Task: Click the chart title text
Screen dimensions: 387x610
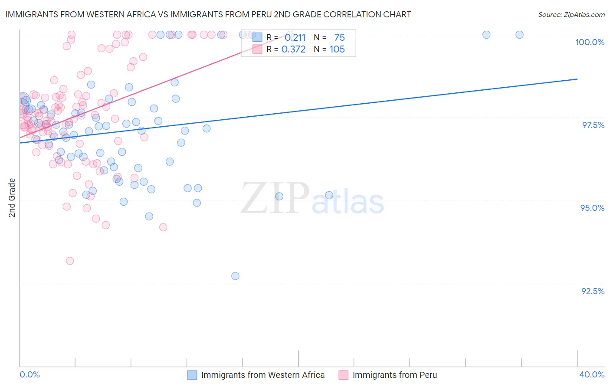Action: (x=208, y=14)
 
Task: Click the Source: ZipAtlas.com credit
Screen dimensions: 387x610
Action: (x=571, y=15)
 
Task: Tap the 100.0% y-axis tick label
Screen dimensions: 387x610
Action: (x=590, y=42)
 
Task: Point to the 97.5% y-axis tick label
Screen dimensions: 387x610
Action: (x=593, y=125)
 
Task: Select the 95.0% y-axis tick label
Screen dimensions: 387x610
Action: (x=592, y=208)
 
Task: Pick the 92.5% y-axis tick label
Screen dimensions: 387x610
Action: (x=593, y=291)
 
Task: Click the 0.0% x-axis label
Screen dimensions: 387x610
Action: (x=30, y=374)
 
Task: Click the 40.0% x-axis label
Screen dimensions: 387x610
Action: (x=592, y=374)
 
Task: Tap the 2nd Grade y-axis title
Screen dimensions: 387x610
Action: (x=12, y=198)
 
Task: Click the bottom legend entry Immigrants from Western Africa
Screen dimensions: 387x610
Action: (x=262, y=375)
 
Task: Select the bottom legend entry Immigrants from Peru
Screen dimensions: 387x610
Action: (x=394, y=375)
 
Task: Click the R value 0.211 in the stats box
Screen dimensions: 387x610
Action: (x=295, y=38)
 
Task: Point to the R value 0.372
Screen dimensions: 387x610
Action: (x=293, y=49)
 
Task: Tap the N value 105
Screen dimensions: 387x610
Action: (x=337, y=49)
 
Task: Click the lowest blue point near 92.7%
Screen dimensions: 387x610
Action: (x=235, y=276)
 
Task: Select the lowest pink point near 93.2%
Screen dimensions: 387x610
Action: (x=70, y=261)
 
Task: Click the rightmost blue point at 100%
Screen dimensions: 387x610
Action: (x=519, y=35)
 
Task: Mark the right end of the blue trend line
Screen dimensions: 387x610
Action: (x=577, y=79)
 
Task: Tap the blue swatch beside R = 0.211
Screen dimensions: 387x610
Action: (x=257, y=38)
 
